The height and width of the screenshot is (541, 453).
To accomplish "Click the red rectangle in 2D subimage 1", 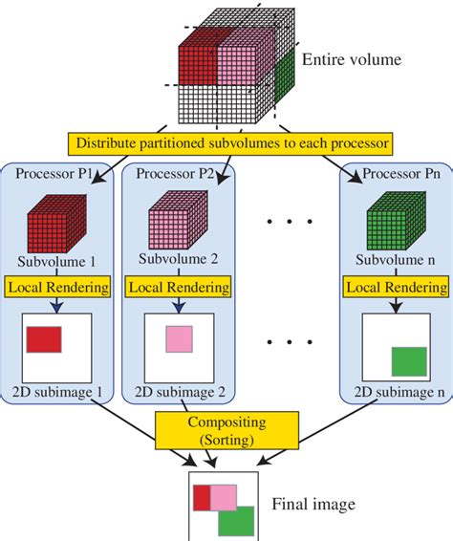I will tap(44, 339).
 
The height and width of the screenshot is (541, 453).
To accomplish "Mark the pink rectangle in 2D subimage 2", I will tap(178, 339).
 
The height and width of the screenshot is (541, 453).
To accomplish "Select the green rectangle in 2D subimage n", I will tap(408, 361).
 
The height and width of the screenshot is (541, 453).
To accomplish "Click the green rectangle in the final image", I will tap(236, 521).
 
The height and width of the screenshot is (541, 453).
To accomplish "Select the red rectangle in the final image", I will tap(202, 497).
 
